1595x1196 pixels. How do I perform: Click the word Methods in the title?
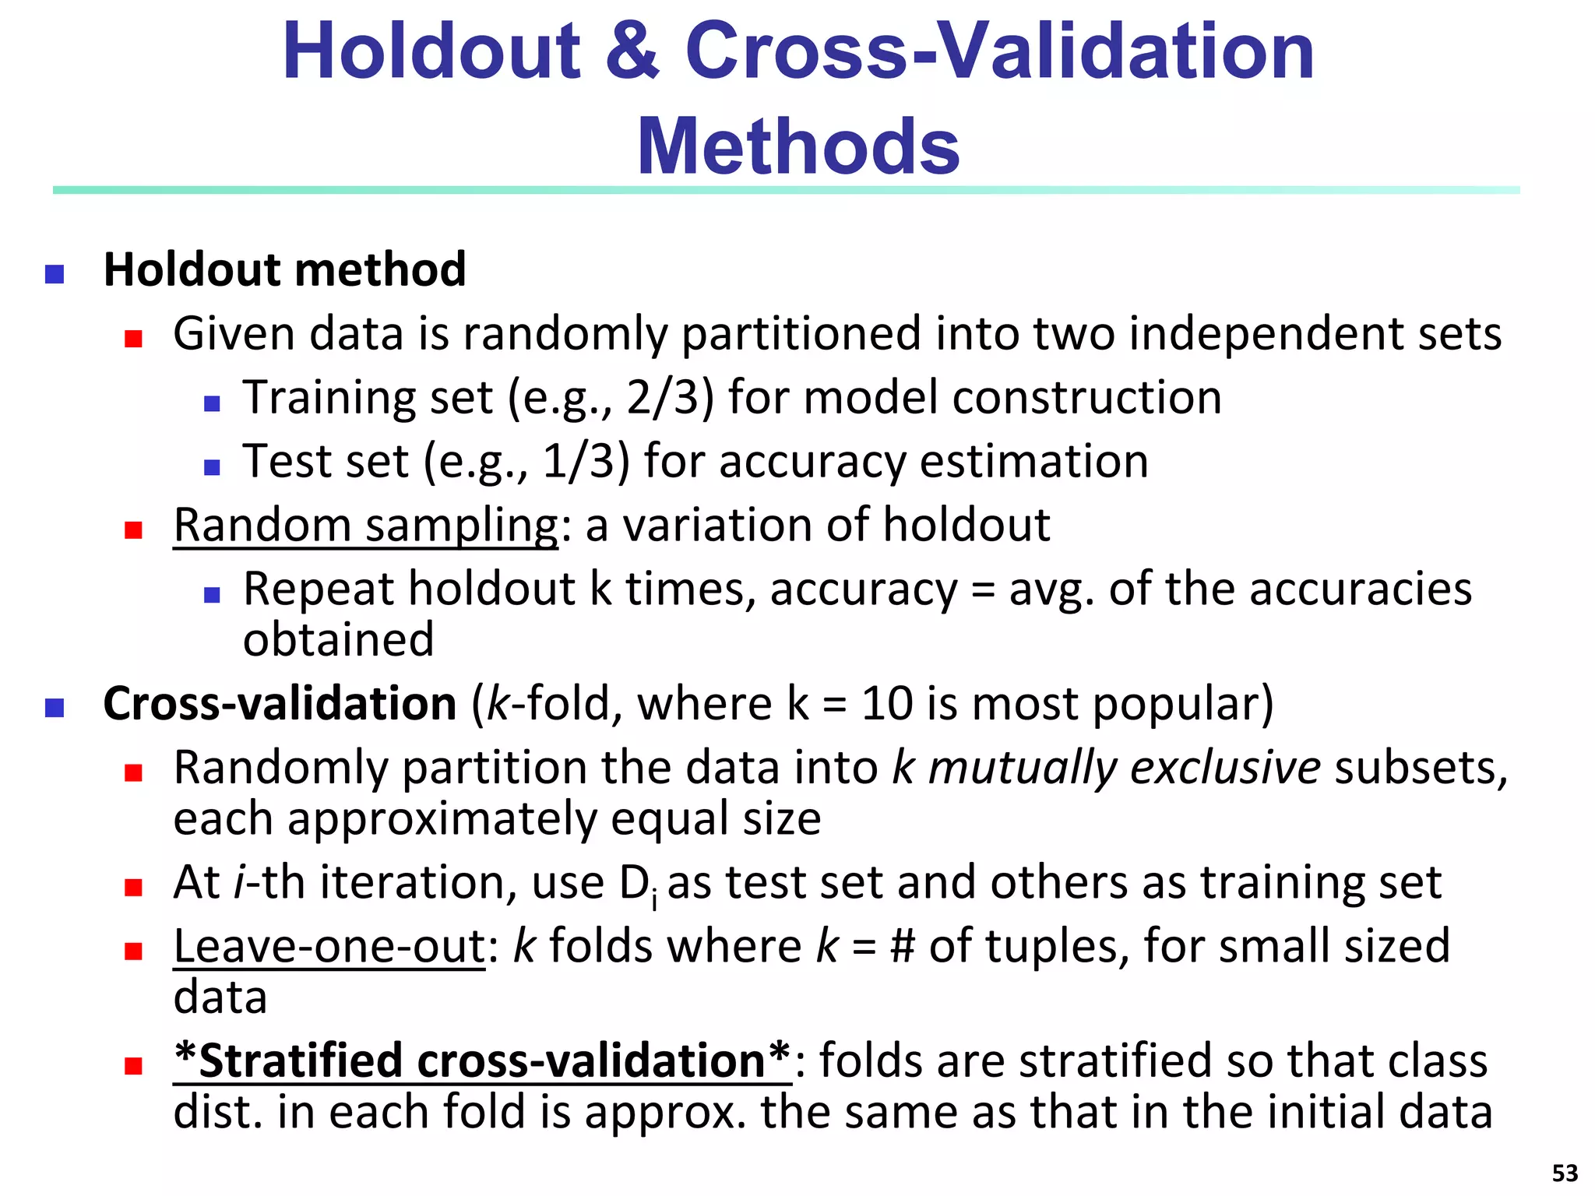tap(798, 146)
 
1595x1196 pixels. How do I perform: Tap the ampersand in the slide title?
tap(632, 51)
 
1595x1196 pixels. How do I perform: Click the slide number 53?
tap(1565, 1173)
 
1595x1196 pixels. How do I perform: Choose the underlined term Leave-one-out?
tap(329, 946)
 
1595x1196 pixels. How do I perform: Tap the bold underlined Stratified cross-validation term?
tap(482, 1061)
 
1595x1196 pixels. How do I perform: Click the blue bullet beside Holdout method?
tap(55, 274)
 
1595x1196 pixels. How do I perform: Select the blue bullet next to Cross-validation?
tap(55, 708)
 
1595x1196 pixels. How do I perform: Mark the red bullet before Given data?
tap(133, 338)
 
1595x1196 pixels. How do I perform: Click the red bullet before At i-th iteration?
tap(133, 887)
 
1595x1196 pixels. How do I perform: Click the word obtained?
tap(338, 640)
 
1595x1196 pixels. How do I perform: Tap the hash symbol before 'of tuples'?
tap(902, 947)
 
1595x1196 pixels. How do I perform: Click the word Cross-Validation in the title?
tap(999, 51)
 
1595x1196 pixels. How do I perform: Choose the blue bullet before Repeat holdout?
tap(212, 595)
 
